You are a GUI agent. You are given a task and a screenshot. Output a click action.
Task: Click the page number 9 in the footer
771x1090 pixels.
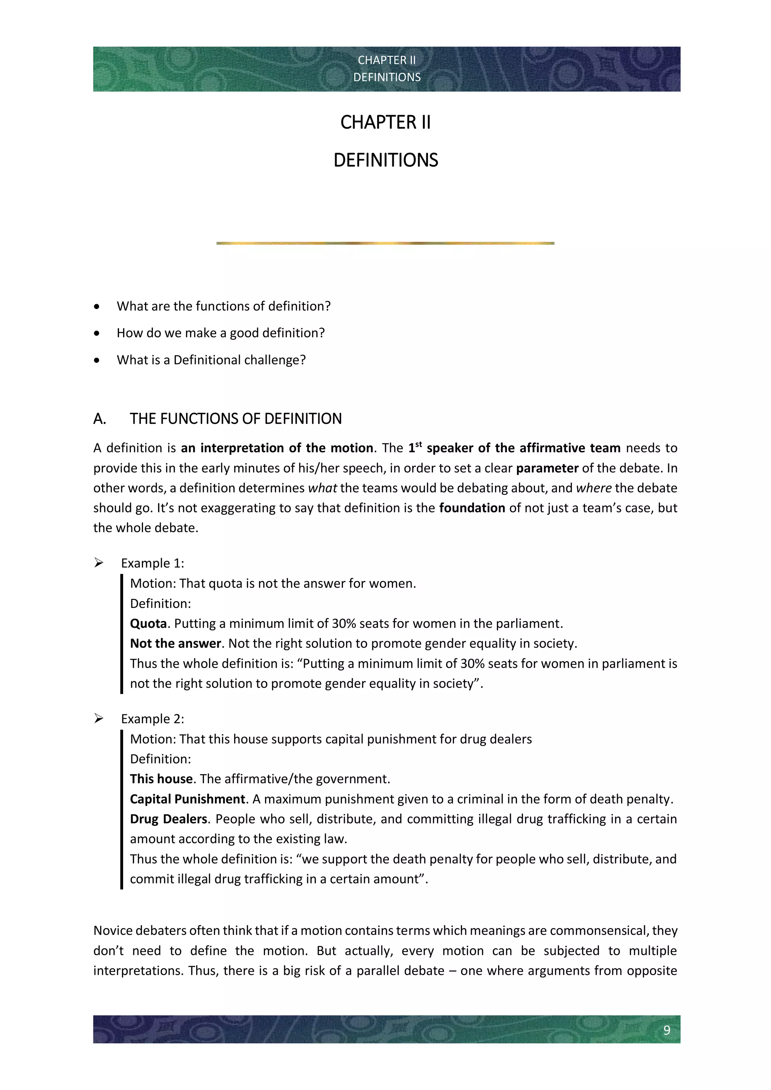coord(667,1030)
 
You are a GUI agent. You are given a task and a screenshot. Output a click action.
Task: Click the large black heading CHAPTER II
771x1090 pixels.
coord(385,122)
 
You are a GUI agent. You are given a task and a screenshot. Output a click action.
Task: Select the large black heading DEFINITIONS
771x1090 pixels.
coord(385,160)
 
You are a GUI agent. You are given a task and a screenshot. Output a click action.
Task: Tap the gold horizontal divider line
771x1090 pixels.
coord(385,243)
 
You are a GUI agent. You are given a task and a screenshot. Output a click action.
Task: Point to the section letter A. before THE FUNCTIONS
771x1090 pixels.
coord(100,419)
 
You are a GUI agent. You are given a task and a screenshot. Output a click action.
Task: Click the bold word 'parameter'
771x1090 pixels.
coord(547,468)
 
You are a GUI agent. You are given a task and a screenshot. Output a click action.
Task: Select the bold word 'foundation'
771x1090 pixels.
coord(472,508)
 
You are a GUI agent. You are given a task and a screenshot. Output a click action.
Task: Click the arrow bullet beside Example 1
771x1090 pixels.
coord(99,563)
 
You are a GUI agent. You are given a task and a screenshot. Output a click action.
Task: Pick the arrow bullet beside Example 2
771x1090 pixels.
coord(99,719)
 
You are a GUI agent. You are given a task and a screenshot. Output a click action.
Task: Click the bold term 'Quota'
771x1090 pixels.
coord(148,623)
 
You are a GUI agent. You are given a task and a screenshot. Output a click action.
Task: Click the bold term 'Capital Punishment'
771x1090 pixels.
coord(187,799)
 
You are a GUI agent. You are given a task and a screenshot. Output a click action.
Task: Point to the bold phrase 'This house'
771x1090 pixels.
coord(161,779)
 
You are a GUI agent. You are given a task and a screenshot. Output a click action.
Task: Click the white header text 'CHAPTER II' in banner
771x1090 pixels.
coord(387,60)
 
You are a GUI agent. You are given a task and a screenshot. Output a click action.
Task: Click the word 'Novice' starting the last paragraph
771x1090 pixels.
coord(113,930)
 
